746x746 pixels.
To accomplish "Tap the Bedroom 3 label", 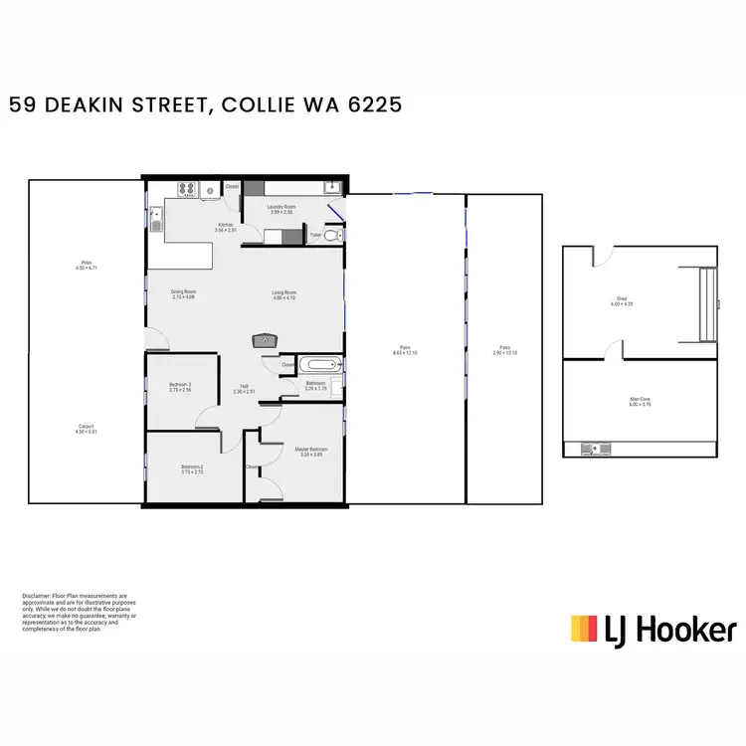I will pyautogui.click(x=180, y=386).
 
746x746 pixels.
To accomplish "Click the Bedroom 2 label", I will pyautogui.click(x=193, y=468).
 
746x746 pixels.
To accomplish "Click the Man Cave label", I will pyautogui.click(x=640, y=401).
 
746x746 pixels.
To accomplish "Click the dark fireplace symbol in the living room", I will pyautogui.click(x=264, y=339).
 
